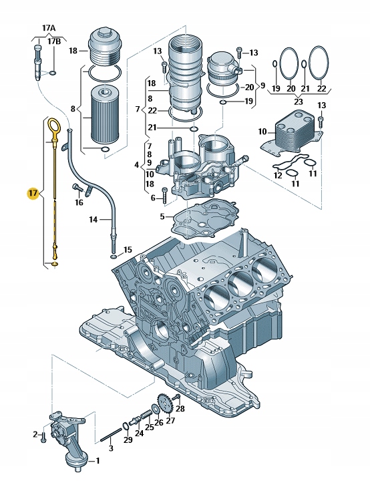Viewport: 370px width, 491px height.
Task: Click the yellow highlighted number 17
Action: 32,193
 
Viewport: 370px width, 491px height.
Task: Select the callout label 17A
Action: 49,28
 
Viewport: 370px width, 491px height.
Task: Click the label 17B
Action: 54,41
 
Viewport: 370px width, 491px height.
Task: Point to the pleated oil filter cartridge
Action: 105,114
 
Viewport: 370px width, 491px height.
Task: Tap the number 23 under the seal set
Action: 299,102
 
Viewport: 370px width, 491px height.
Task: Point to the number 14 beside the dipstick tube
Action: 94,220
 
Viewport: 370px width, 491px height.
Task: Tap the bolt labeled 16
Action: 77,188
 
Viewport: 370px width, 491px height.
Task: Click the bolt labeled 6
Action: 165,195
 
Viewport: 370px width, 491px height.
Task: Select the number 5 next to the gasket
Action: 162,216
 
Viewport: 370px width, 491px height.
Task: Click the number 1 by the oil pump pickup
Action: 98,461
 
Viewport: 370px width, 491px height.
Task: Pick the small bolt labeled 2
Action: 43,436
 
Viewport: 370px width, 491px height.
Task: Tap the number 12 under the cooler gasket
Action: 278,175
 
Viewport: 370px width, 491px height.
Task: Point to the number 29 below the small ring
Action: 128,440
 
